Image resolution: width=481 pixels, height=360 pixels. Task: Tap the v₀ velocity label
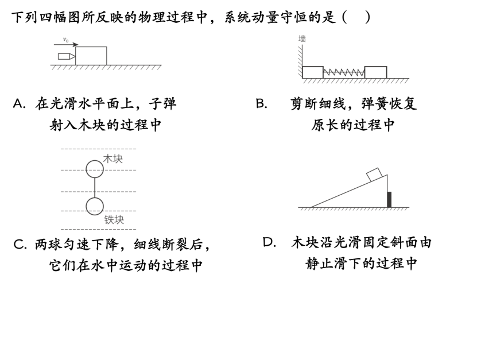[x=65, y=40]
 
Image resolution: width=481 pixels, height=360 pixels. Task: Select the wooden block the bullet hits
[x=91, y=56]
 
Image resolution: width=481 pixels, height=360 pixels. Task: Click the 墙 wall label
[x=302, y=39]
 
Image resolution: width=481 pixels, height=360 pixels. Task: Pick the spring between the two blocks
[x=343, y=73]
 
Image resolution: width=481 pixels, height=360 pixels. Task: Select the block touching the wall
[x=313, y=72]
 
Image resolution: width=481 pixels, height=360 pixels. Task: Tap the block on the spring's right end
[x=375, y=72]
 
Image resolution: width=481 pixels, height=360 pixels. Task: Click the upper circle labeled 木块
[x=95, y=169]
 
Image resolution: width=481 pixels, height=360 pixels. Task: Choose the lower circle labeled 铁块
[x=95, y=206]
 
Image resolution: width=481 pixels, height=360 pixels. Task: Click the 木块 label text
[x=113, y=159]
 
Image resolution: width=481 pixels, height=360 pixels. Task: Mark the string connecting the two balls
[x=95, y=188]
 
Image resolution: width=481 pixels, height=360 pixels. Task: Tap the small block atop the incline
[x=374, y=174]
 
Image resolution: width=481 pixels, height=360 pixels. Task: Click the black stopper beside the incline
[x=389, y=200]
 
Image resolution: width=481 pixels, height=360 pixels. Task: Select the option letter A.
[x=19, y=104]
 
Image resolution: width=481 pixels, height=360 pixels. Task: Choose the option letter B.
[x=261, y=104]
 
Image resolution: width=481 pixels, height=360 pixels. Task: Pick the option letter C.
[x=20, y=245]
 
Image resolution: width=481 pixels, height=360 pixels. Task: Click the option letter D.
[x=269, y=242]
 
